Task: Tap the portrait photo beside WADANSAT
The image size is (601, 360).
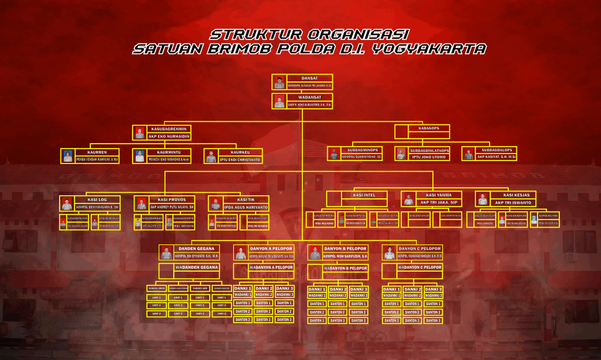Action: click(279, 102)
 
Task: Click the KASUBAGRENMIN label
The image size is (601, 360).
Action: click(169, 128)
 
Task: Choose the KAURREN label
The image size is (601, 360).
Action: click(97, 152)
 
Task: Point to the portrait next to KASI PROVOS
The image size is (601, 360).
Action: click(141, 203)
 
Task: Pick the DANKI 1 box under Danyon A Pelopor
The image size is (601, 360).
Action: click(243, 288)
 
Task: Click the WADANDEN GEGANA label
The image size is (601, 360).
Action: click(197, 267)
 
